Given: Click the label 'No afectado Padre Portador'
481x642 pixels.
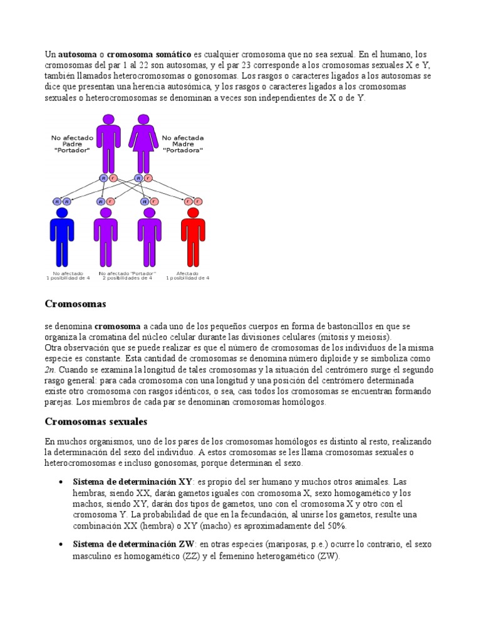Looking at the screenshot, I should (x=72, y=144).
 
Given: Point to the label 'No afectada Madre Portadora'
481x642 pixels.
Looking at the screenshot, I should (x=183, y=144).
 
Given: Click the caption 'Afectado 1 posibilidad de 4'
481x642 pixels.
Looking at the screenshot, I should (x=187, y=276).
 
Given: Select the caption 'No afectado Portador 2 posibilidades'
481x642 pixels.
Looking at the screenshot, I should (x=127, y=276).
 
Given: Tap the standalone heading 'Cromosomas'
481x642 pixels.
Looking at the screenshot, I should (x=75, y=304).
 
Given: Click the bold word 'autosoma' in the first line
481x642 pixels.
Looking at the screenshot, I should (x=74, y=55).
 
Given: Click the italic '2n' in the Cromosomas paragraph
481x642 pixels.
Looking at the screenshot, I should (x=50, y=370).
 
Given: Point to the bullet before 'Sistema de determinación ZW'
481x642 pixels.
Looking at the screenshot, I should (x=59, y=544).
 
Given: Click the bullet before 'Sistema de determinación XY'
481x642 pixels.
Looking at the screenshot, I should (x=59, y=481).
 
